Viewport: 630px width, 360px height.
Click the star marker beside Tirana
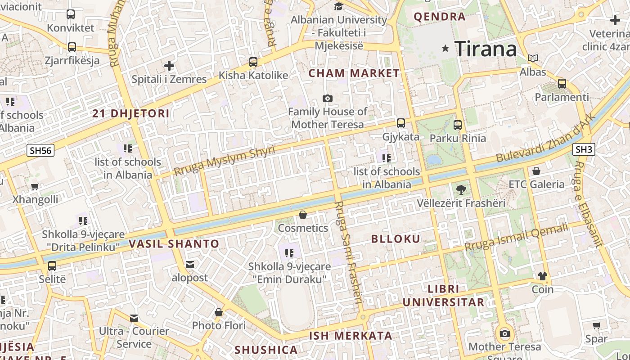[445, 48]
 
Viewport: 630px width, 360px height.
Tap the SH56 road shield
[40, 150]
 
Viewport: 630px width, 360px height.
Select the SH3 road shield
[584, 149]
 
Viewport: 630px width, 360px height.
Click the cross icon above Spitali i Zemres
[169, 66]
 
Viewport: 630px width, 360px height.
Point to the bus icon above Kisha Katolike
[253, 62]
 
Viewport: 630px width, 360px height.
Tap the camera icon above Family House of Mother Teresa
[328, 98]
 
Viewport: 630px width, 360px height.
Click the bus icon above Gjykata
[400, 123]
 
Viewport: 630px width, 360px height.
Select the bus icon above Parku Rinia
[458, 125]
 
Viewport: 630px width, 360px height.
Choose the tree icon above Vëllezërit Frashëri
[461, 189]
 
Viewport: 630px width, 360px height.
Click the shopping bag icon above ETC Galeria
[536, 171]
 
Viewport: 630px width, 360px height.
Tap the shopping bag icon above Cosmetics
[303, 215]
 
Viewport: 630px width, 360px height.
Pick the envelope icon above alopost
[190, 264]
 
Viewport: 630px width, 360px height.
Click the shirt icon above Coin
[542, 276]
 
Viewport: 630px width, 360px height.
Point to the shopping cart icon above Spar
[597, 325]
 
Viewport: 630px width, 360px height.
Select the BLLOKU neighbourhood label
[396, 239]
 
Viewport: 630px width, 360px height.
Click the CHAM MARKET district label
[354, 73]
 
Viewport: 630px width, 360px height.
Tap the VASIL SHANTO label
[174, 244]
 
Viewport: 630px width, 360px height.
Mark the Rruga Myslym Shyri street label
[224, 161]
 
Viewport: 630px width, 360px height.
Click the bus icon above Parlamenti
[562, 83]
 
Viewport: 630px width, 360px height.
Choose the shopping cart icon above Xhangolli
[35, 186]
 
